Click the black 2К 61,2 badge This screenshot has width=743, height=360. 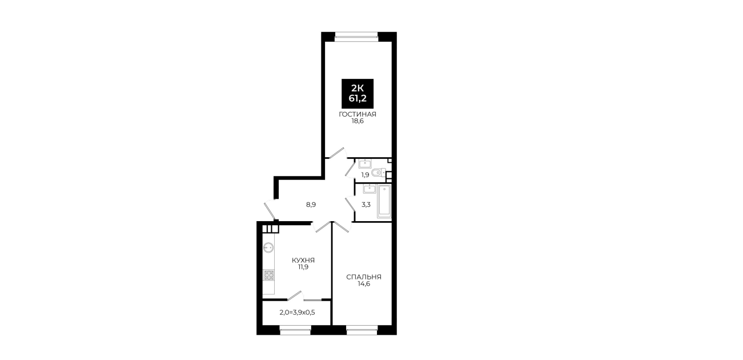(x=358, y=94)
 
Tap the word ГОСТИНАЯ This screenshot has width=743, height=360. (x=358, y=114)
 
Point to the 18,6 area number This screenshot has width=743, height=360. (x=358, y=122)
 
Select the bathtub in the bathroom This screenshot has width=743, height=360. (x=384, y=201)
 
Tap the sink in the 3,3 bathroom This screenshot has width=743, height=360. (x=369, y=189)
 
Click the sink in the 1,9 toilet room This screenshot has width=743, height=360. (x=365, y=163)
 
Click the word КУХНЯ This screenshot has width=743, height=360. (x=303, y=260)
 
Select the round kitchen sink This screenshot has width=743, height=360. (x=268, y=247)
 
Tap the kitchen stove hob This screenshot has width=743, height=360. (x=268, y=275)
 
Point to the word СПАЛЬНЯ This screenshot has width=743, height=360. (x=364, y=277)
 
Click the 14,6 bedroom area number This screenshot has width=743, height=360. (x=364, y=284)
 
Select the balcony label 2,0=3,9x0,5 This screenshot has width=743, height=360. (x=297, y=313)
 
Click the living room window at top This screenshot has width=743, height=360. (x=356, y=37)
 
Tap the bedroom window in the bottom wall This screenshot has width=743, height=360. (x=362, y=330)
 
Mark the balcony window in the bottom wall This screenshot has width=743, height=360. (x=295, y=330)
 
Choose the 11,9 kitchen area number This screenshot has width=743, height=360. (x=303, y=267)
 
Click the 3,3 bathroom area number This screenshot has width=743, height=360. (x=366, y=205)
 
